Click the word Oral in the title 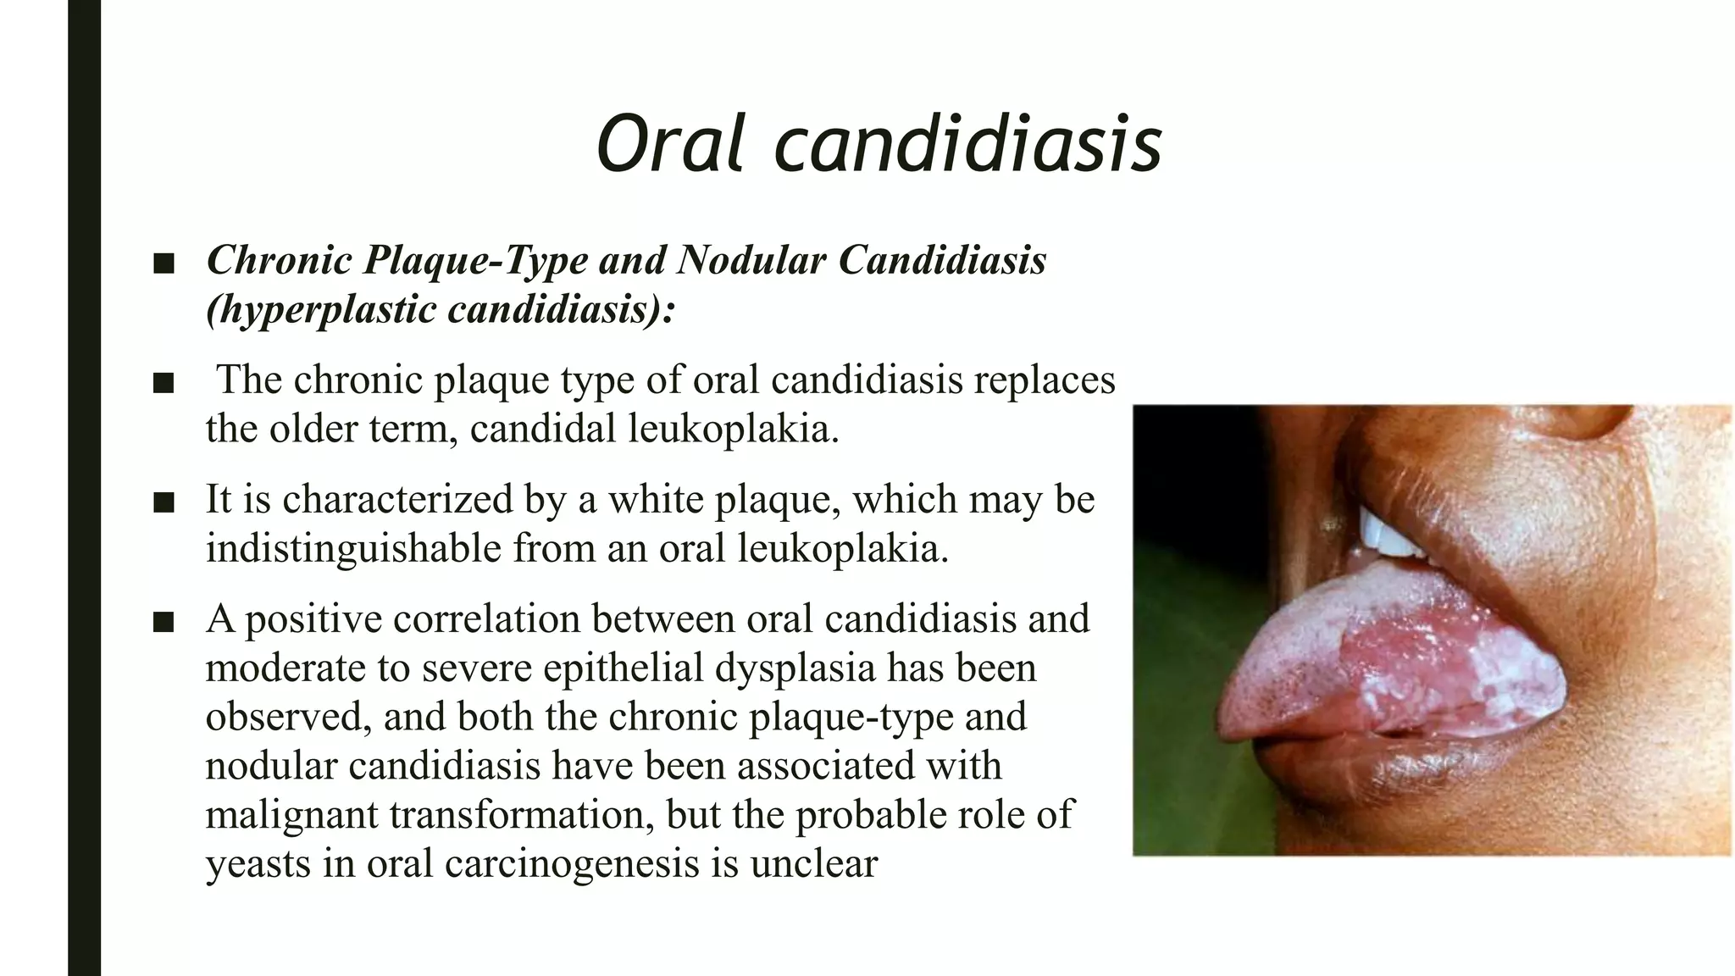click(673, 144)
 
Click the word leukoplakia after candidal click(733, 429)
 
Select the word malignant click(291, 814)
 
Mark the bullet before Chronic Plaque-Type click(164, 264)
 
